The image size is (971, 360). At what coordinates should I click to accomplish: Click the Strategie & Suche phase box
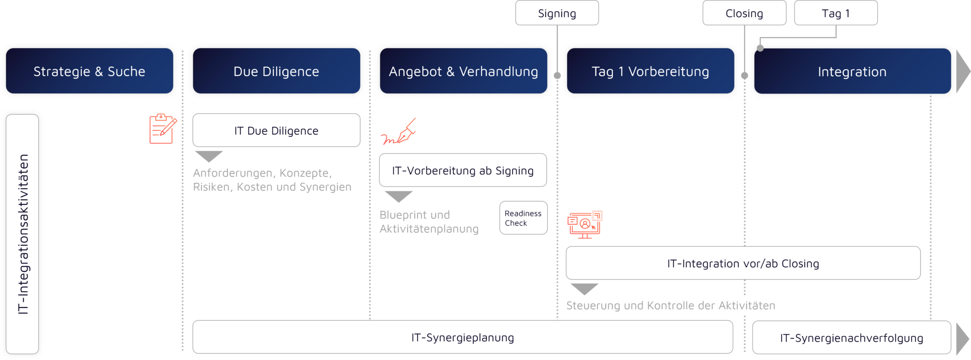89,71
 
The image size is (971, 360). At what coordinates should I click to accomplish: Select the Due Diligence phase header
276,71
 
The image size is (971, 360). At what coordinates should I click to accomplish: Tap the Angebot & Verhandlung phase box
463,71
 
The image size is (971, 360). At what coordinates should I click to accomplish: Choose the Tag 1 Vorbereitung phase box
650,71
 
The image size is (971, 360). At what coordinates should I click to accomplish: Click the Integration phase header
852,71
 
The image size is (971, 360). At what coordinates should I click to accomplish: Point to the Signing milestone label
557,13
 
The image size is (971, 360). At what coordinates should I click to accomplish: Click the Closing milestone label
744,13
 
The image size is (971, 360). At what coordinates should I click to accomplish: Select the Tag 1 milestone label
835,13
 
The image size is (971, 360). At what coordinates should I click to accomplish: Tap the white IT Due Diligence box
276,130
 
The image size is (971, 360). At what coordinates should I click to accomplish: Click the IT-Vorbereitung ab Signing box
463,170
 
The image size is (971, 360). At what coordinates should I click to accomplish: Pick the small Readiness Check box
523,218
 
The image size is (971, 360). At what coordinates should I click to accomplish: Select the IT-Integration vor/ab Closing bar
743,263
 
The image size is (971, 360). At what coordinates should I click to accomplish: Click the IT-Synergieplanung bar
463,337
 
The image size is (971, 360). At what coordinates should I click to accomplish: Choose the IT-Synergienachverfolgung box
851,338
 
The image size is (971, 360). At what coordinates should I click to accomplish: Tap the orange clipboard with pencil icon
162,129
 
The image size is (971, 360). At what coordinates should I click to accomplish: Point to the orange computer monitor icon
585,224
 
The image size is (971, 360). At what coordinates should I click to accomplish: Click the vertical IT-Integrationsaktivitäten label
23,234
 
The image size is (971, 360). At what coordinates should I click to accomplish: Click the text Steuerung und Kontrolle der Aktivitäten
671,305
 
